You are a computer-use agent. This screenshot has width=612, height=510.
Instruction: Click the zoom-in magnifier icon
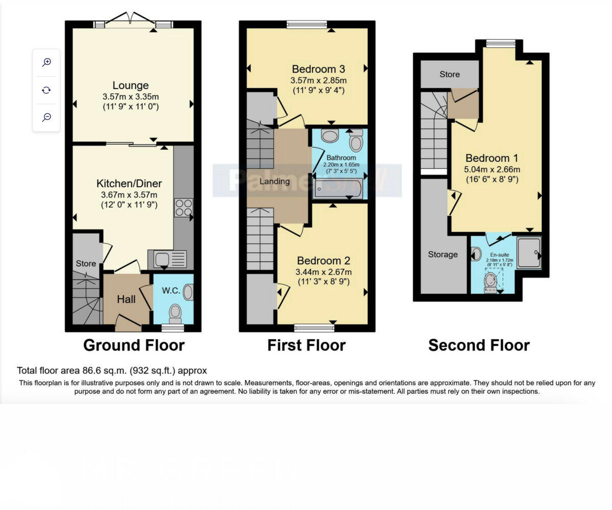46,62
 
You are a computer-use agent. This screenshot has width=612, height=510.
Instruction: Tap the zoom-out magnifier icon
46,117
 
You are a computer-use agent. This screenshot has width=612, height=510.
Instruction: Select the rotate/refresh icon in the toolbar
46,90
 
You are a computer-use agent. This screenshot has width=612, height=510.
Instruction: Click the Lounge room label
131,86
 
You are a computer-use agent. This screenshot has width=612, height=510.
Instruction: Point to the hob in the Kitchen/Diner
183,208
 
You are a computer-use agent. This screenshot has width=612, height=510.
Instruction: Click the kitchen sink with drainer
167,259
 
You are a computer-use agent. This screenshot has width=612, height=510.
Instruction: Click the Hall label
126,299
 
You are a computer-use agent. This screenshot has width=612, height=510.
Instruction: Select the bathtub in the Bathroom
337,189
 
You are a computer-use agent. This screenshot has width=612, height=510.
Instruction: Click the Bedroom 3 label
318,69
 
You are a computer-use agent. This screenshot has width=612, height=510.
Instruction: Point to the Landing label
274,181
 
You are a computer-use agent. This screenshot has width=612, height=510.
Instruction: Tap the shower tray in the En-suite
528,252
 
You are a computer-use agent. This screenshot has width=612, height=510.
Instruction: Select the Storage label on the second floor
442,254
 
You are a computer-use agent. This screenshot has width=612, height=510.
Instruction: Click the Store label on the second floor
449,74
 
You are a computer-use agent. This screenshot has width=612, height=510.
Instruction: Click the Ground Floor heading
134,345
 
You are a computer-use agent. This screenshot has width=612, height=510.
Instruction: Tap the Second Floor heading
478,345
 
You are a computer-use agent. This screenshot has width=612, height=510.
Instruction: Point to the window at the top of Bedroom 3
307,24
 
